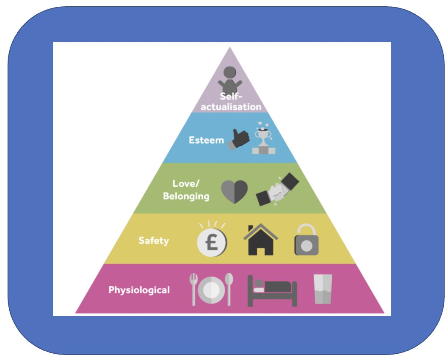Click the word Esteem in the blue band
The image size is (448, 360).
tap(206, 140)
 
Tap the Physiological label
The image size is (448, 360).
tap(139, 290)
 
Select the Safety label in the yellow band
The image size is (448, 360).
tap(154, 241)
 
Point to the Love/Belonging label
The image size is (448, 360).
tap(186, 190)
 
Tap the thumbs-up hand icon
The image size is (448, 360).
tap(238, 139)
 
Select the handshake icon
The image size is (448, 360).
tap(277, 190)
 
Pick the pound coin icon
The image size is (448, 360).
tap(212, 243)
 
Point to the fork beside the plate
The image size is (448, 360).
tap(193, 289)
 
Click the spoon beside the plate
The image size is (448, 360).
tap(229, 289)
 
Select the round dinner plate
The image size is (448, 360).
tap(211, 290)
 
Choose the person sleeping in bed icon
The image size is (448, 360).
tap(272, 290)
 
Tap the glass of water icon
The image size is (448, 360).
tap(323, 289)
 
